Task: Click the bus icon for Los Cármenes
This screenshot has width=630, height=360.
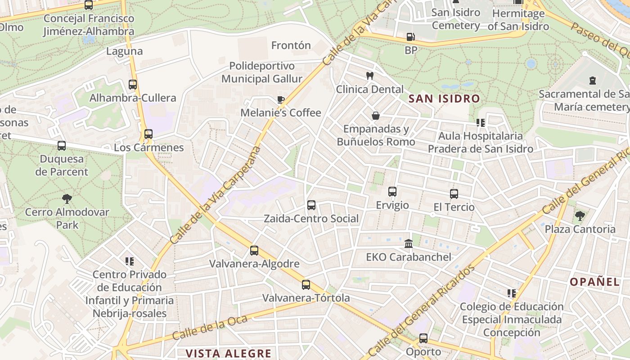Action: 148,134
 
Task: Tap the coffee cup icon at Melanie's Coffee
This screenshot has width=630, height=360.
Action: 281,99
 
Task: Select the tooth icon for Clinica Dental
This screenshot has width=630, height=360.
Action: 370,76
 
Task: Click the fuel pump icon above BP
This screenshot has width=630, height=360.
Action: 410,37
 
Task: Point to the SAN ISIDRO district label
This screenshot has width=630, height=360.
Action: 444,99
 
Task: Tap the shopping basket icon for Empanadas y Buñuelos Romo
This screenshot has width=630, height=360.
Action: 376,116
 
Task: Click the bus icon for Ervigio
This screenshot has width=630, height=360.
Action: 392,192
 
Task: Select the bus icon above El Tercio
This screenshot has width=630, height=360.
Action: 454,194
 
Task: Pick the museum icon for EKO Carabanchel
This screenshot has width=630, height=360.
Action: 409,244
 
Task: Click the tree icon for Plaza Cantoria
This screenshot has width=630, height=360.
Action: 580,216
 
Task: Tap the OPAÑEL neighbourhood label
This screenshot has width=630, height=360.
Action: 594,282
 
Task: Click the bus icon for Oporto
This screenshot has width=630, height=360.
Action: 423,338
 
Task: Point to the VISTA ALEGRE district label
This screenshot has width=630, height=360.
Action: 229,353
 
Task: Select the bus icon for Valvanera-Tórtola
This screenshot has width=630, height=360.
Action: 306,285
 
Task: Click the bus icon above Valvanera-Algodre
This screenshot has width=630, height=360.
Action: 254,251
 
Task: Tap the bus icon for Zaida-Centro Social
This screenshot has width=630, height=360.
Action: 311,206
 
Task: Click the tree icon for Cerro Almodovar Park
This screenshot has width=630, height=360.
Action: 67,199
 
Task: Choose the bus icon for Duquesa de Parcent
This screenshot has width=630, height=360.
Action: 62,146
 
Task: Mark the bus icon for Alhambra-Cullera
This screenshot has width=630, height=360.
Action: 133,85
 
